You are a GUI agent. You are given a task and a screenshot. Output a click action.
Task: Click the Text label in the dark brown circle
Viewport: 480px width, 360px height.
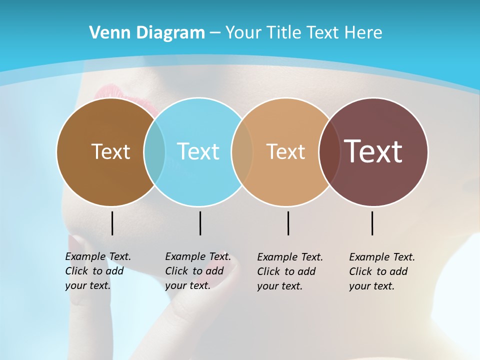click(x=110, y=151)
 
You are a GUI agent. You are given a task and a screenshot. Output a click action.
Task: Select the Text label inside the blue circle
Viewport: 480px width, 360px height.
click(x=198, y=151)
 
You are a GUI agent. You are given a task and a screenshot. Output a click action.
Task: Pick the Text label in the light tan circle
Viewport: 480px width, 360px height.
click(x=285, y=151)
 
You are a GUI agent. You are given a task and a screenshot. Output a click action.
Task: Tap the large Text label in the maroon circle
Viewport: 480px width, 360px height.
click(x=373, y=151)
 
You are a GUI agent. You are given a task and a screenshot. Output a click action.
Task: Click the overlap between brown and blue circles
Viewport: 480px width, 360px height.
click(x=154, y=151)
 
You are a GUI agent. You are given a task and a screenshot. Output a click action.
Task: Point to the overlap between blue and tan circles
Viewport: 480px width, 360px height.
click(x=242, y=151)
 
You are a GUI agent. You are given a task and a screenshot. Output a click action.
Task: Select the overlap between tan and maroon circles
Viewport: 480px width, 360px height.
click(x=329, y=151)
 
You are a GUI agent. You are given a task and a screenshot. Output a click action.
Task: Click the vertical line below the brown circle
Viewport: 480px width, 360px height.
click(x=112, y=223)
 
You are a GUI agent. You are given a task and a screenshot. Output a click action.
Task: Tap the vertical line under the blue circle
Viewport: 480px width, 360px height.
click(x=200, y=223)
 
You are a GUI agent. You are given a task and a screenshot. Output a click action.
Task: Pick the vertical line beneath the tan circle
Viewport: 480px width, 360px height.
click(x=288, y=223)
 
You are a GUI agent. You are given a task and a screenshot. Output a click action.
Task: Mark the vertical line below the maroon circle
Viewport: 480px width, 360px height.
click(x=372, y=223)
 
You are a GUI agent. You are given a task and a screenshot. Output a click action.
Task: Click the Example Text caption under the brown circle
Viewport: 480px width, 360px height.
click(x=97, y=271)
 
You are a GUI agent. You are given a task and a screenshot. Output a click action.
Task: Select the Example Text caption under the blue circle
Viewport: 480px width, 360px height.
click(x=197, y=271)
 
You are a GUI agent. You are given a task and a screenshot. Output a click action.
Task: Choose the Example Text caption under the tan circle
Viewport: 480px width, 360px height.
click(x=289, y=271)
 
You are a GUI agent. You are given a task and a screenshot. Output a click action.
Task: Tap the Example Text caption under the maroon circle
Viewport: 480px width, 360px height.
click(x=381, y=271)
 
